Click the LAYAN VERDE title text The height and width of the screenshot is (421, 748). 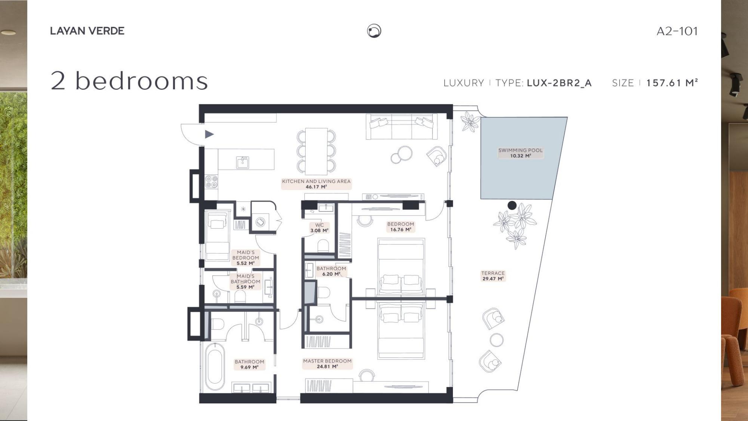(87, 31)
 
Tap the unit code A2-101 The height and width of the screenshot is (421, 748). (677, 31)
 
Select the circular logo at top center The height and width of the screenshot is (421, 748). (374, 31)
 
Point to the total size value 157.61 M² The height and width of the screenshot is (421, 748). (672, 83)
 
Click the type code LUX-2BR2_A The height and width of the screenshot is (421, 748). (559, 83)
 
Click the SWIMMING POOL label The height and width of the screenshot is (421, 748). (520, 153)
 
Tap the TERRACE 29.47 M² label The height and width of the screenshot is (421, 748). (493, 276)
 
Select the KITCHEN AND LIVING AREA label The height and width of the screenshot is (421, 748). (316, 184)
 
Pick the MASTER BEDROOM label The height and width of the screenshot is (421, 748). (327, 364)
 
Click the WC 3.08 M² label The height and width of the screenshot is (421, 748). (319, 228)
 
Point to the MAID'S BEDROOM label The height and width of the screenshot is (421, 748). (245, 258)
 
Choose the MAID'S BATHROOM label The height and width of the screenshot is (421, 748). (245, 282)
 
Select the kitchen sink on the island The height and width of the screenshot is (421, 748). (243, 162)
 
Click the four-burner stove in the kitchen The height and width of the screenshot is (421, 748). (211, 182)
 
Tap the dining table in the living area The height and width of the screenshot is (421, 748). (316, 151)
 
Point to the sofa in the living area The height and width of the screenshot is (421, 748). (401, 126)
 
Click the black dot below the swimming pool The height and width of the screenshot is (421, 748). (512, 205)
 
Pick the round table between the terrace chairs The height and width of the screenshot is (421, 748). (497, 340)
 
